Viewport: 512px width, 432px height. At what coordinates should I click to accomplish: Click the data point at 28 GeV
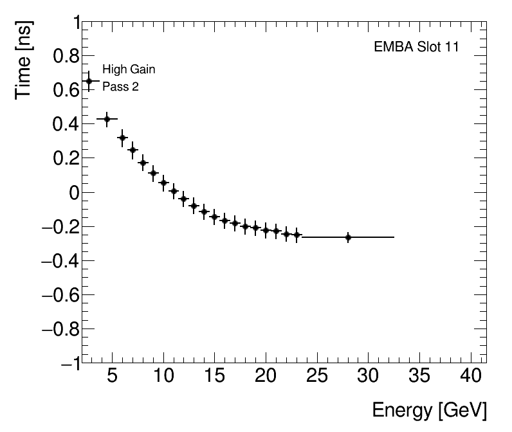(x=348, y=237)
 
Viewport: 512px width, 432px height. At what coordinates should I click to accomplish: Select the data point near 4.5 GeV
(x=107, y=119)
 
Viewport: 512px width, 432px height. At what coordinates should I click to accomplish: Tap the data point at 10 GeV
(x=163, y=183)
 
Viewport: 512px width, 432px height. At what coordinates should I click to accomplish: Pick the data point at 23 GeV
(x=297, y=235)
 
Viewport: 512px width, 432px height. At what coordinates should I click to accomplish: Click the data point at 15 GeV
(x=214, y=217)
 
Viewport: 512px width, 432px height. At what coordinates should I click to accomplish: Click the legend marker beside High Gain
(x=89, y=81)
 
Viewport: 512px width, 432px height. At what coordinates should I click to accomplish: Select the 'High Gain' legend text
(x=129, y=69)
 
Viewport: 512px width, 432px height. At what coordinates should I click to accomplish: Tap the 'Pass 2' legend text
(x=120, y=87)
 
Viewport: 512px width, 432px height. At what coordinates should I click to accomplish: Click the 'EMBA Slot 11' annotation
(x=416, y=48)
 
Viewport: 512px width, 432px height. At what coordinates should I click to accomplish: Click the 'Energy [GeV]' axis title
(x=429, y=410)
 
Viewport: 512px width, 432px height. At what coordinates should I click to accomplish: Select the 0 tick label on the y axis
(x=73, y=192)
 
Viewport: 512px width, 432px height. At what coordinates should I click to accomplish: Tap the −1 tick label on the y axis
(x=67, y=363)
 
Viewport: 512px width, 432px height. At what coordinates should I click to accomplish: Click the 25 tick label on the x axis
(x=316, y=376)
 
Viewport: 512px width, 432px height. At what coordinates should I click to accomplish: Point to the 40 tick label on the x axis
(x=469, y=376)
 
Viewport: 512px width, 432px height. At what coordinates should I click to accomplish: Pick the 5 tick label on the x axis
(x=113, y=376)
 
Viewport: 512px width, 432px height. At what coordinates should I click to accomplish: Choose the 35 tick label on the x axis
(x=418, y=376)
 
